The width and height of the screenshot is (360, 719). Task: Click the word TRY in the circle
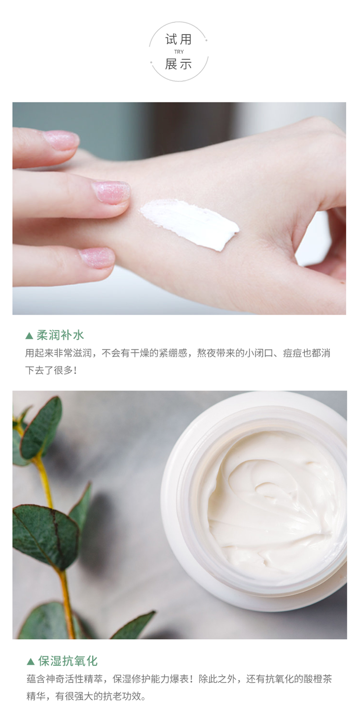[179, 52]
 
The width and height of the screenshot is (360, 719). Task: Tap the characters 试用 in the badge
[179, 39]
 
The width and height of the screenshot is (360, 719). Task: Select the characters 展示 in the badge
[179, 64]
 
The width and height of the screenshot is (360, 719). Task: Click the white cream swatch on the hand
[189, 223]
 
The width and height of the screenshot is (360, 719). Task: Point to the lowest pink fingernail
[97, 257]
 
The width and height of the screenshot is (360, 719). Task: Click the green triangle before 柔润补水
[29, 336]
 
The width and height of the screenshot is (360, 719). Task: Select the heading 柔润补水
[60, 335]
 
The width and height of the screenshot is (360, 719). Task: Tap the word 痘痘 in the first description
[292, 353]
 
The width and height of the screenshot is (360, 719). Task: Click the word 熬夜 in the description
[206, 353]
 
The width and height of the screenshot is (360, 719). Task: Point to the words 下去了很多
[49, 370]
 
